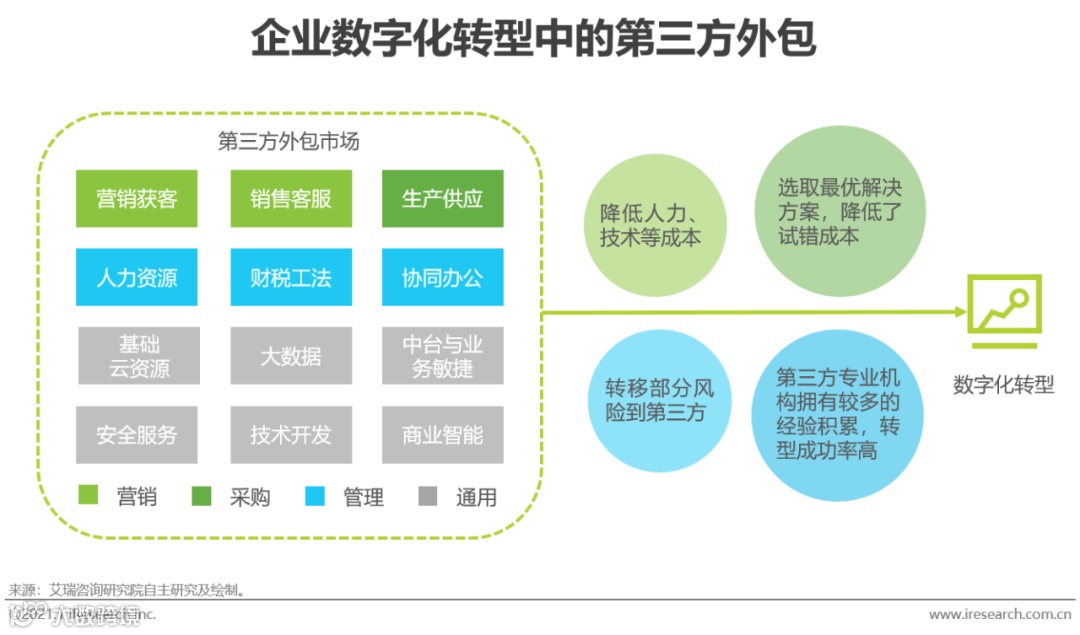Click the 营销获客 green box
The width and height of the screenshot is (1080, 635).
[137, 198]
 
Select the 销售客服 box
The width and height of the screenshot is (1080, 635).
[290, 198]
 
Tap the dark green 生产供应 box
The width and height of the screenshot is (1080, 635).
[442, 198]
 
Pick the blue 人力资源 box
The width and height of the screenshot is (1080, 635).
[137, 277]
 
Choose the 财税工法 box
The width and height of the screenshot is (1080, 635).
[290, 277]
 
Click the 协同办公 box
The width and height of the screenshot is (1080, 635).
[442, 277]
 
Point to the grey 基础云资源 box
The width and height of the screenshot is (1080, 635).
[137, 356]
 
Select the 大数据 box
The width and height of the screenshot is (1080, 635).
[290, 356]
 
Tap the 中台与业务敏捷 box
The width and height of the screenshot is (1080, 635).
[442, 356]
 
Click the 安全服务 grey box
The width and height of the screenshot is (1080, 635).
[137, 434]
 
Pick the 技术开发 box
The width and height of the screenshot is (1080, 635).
[290, 434]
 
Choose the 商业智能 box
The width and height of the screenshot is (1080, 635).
[442, 434]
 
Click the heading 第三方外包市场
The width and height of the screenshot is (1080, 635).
[288, 141]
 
